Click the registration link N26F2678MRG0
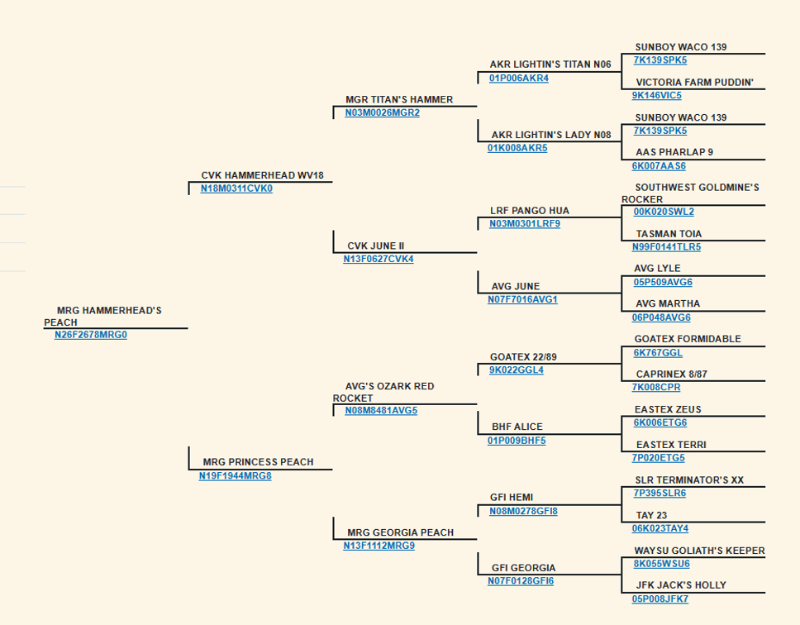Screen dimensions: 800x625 [91, 335]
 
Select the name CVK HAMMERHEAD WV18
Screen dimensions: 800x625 [262, 175]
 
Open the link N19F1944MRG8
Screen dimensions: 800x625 [236, 476]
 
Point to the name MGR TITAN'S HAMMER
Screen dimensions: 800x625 [399, 99]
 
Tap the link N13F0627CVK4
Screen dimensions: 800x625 [379, 260]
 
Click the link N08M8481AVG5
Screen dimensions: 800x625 [381, 411]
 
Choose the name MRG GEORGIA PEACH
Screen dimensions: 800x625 [401, 532]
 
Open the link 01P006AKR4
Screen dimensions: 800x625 [519, 78]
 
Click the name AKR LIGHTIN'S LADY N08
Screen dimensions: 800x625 [551, 136]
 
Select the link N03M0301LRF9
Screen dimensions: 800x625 [525, 224]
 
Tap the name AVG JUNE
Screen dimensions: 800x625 [516, 286]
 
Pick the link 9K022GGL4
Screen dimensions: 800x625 [517, 370]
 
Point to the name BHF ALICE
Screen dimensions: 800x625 [517, 427]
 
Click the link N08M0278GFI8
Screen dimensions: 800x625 [523, 511]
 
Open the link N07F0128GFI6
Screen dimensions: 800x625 [521, 581]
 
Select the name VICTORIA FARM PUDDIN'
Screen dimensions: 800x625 [694, 83]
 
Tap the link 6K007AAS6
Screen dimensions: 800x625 [659, 166]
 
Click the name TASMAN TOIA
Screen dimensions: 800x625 [669, 234]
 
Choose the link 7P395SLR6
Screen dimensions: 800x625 [660, 494]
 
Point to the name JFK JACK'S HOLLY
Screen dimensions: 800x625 [681, 585]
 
